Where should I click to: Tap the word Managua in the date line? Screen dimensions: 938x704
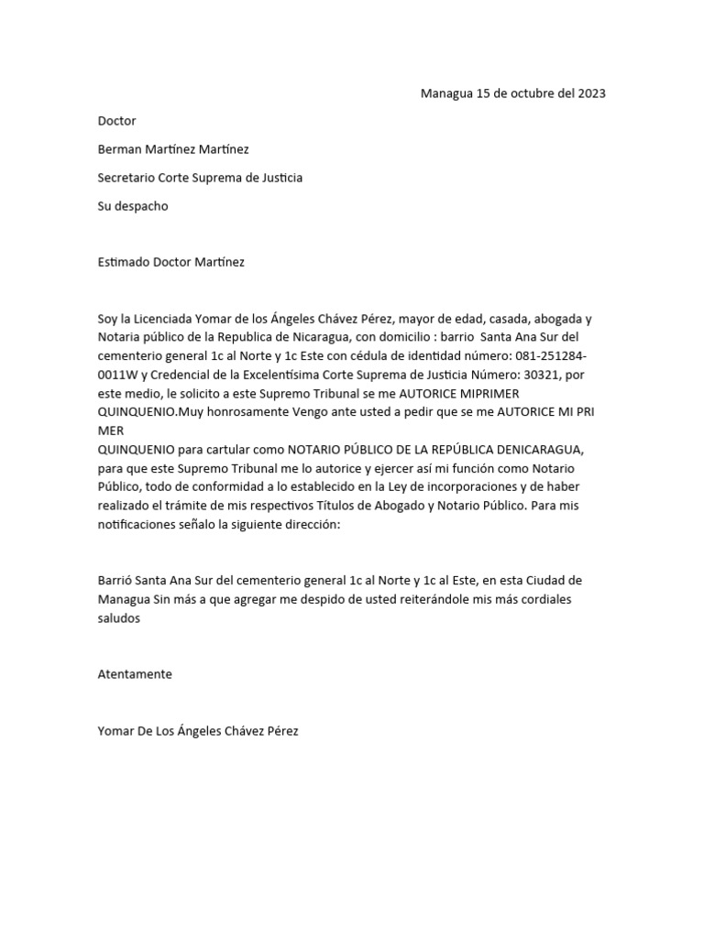click(x=445, y=93)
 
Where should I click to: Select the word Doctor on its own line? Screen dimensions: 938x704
click(x=117, y=121)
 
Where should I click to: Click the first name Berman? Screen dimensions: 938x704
click(x=120, y=149)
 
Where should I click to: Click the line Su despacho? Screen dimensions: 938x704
click(x=133, y=206)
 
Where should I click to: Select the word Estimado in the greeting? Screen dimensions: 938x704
click(x=126, y=262)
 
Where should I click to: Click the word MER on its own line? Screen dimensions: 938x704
click(x=110, y=430)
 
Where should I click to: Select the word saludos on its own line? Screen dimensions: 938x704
click(x=119, y=618)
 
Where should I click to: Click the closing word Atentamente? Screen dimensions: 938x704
click(x=135, y=674)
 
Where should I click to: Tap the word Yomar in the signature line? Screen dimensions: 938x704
click(x=116, y=731)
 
